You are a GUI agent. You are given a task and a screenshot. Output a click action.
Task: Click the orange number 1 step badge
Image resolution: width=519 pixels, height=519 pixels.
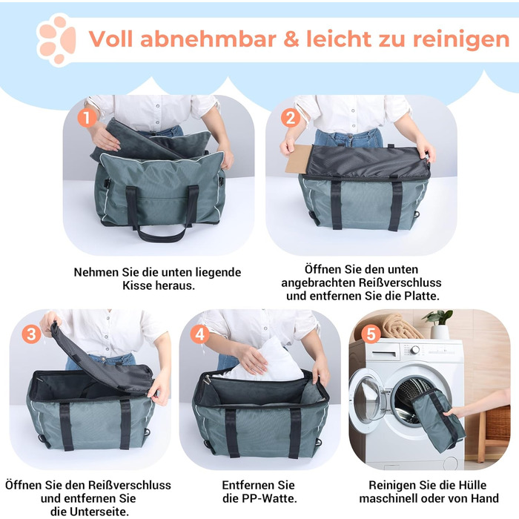point(87,118)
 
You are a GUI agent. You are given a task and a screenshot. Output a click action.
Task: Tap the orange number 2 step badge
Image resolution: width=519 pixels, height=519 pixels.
point(291,118)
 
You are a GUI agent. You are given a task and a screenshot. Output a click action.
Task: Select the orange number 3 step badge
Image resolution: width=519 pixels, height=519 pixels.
point(31,334)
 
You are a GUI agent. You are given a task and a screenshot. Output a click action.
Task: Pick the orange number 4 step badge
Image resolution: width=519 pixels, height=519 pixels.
point(200,334)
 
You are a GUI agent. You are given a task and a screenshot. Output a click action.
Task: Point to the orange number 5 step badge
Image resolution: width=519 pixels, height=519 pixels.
point(371,334)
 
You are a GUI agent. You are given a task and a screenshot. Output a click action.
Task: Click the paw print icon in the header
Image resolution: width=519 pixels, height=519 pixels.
point(57,40)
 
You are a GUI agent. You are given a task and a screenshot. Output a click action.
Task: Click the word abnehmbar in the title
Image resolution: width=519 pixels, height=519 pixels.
point(208,39)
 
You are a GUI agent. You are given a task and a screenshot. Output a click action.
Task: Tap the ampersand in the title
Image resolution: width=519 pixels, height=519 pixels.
point(291,39)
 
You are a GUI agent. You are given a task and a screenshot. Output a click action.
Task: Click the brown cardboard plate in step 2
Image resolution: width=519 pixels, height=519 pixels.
point(298,159)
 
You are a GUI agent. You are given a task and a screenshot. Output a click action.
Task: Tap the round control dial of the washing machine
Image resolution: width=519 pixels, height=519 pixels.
point(415,349)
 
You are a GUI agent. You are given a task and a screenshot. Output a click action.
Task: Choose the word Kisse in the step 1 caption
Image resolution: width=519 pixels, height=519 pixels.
point(136,285)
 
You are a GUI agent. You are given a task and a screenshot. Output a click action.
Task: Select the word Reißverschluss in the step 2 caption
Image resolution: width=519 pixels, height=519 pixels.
point(400,282)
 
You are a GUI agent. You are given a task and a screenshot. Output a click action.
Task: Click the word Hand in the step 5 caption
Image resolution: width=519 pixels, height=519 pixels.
point(485,498)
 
